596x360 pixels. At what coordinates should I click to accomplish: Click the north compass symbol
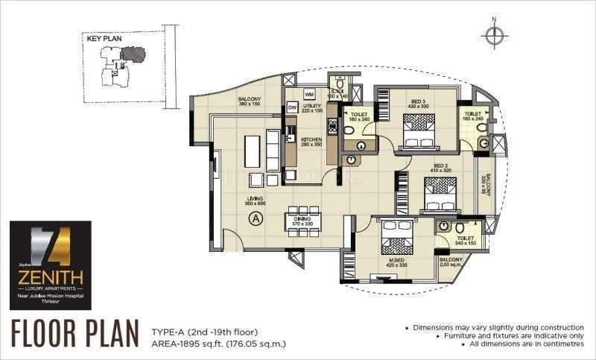click(492, 33)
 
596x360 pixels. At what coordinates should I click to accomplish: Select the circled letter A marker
click(256, 218)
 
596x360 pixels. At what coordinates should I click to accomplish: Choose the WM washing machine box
click(309, 95)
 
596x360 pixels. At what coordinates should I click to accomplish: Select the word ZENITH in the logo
click(50, 280)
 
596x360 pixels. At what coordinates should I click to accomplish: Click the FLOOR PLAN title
click(75, 331)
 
